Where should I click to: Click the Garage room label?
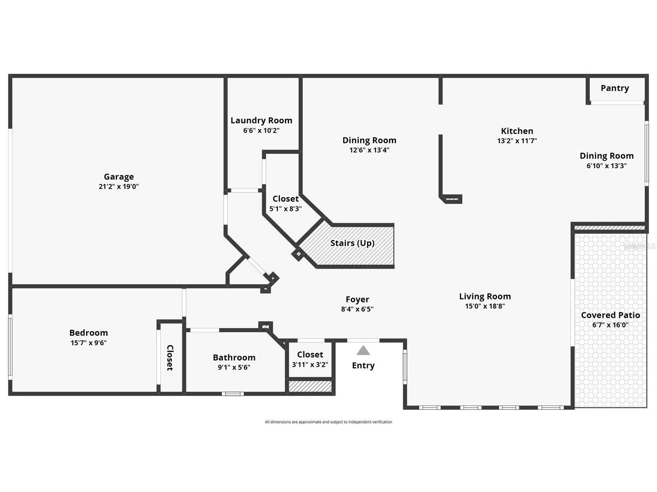click(x=118, y=177)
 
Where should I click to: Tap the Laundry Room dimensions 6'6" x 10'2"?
click(x=261, y=131)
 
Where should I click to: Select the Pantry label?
click(x=614, y=88)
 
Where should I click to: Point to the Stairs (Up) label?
click(x=352, y=243)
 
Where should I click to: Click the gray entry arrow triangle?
click(x=363, y=351)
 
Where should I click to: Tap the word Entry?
click(x=363, y=366)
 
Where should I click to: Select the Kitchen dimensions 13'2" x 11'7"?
click(x=517, y=141)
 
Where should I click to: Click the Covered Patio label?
click(x=610, y=315)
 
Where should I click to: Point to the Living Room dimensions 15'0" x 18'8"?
click(x=485, y=306)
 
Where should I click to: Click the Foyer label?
click(x=357, y=300)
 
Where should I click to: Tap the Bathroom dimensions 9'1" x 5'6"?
click(x=234, y=367)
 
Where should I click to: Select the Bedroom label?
click(x=89, y=333)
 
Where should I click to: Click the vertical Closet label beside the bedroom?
click(x=170, y=357)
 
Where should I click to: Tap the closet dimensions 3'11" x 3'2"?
click(x=310, y=365)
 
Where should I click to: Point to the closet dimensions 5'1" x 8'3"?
click(x=285, y=209)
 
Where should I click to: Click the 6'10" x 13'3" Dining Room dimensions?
click(x=606, y=166)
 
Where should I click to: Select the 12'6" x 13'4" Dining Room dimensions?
click(x=369, y=150)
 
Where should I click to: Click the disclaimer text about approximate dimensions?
click(x=328, y=422)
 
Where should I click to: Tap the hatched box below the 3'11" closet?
click(x=310, y=387)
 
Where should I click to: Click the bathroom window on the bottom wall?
click(x=233, y=394)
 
